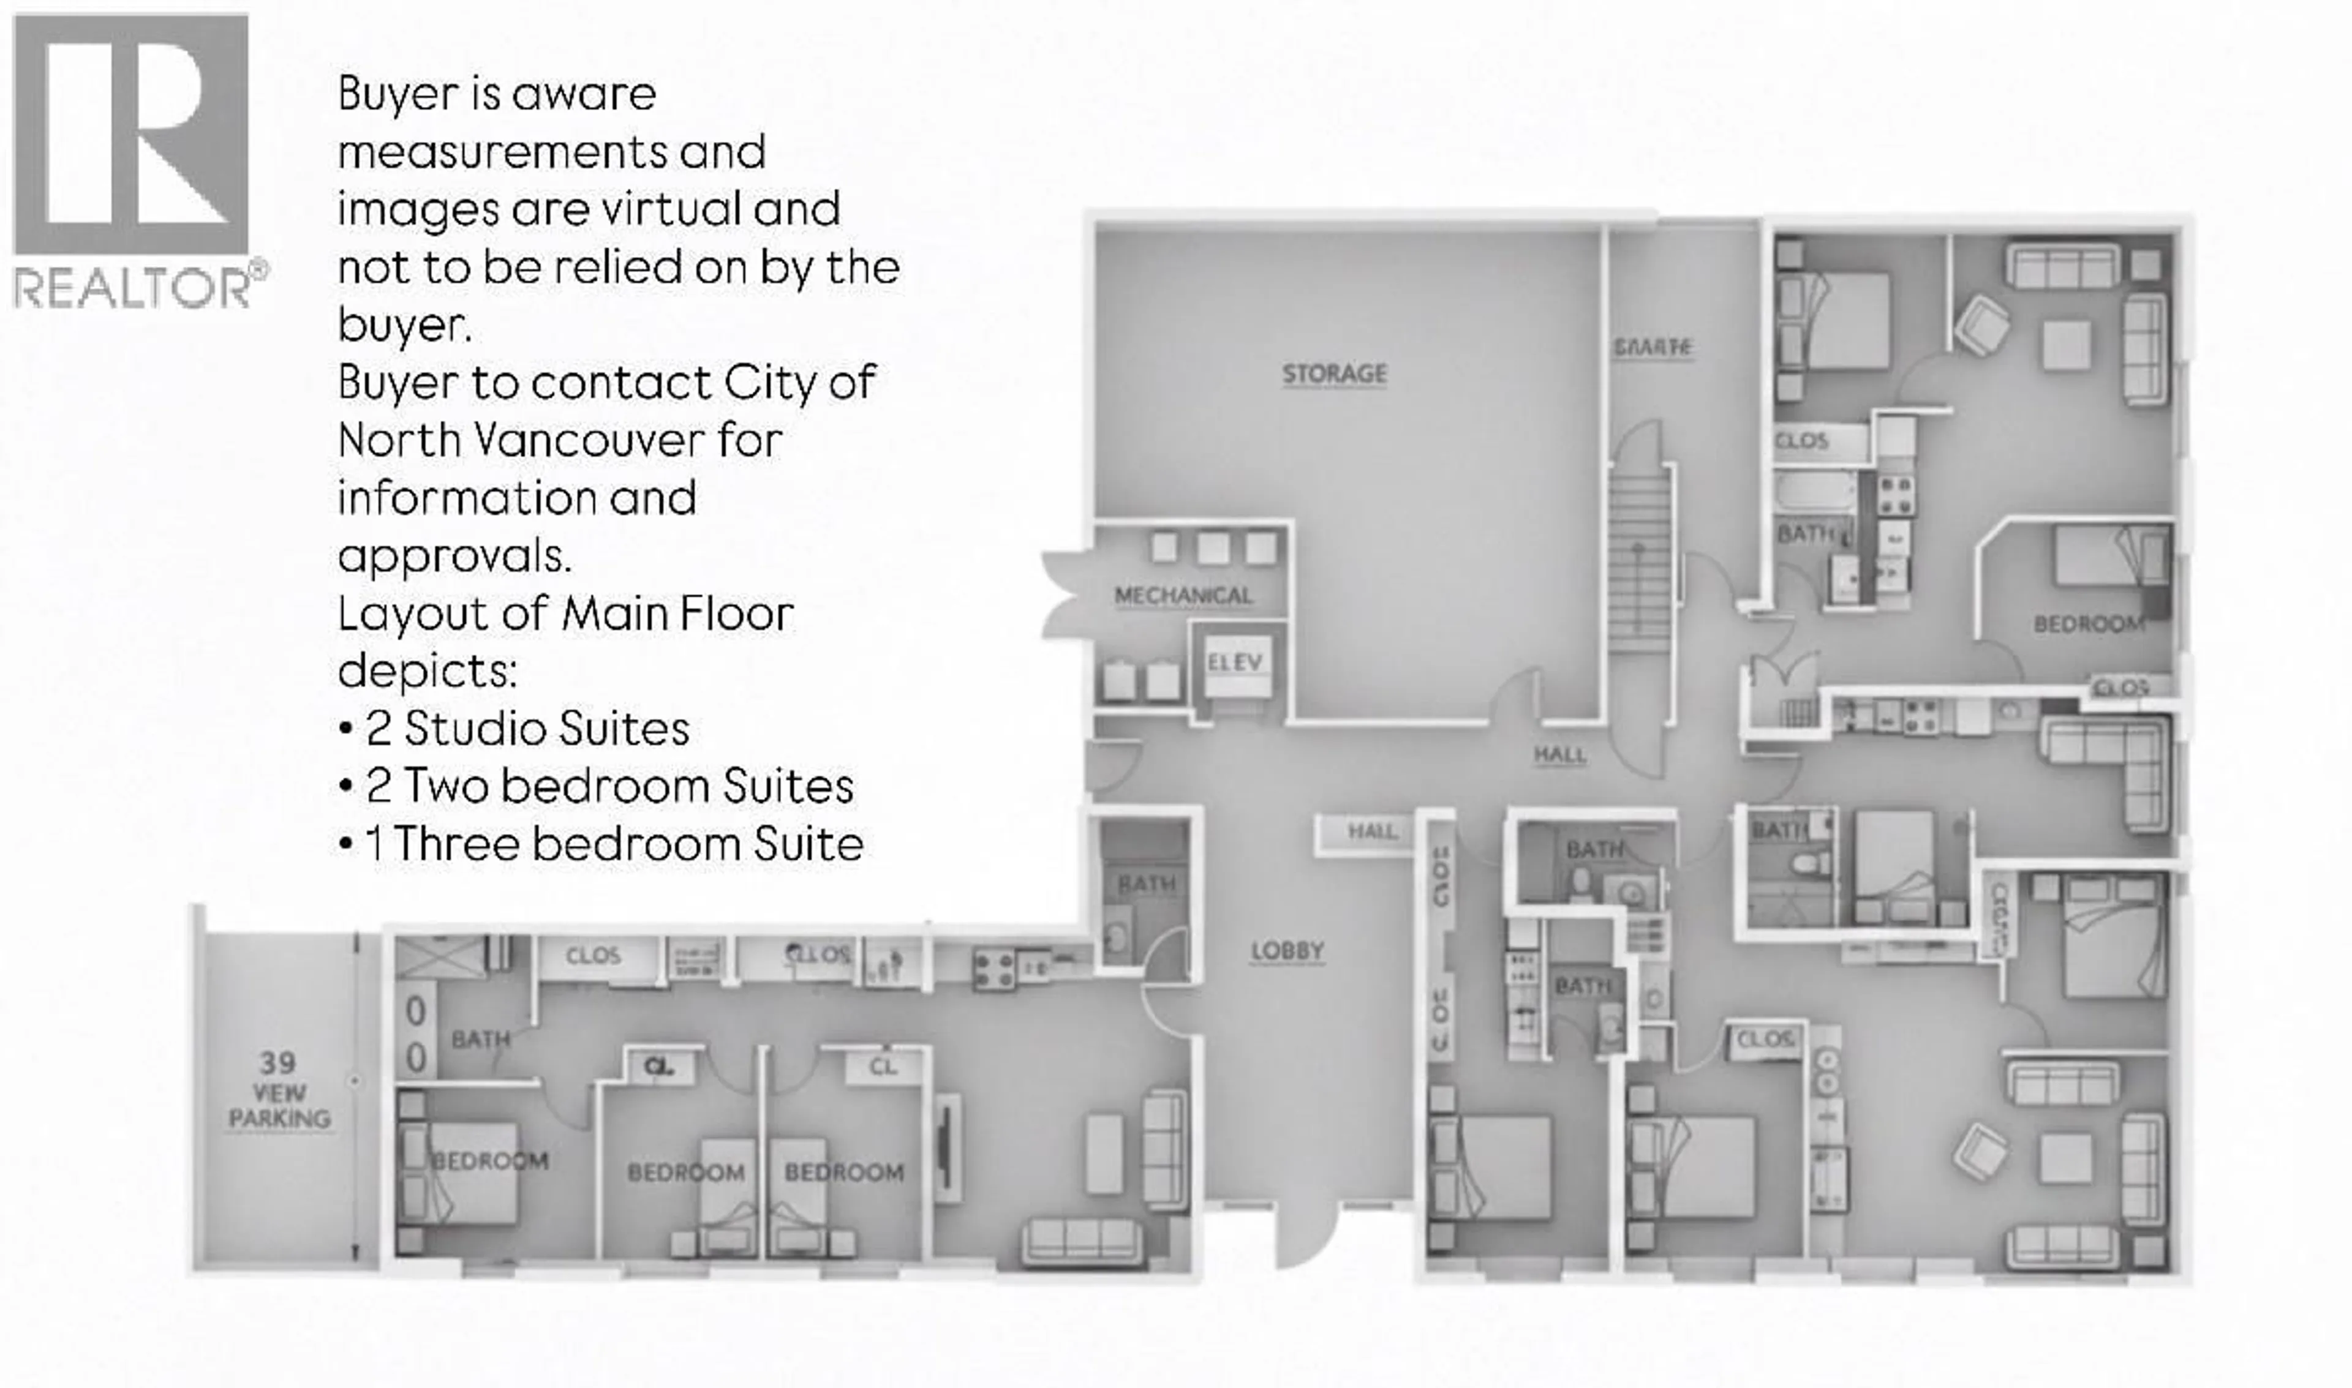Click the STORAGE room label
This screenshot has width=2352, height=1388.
(1334, 374)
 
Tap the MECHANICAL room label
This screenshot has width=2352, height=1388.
(1183, 596)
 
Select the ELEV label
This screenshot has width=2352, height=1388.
(1234, 662)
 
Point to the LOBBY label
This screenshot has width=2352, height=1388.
(1287, 951)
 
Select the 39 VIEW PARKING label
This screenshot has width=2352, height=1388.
(279, 1090)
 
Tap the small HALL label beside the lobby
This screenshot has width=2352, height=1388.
(1371, 831)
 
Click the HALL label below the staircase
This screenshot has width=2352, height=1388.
(1559, 755)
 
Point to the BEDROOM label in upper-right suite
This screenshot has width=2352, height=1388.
(2087, 624)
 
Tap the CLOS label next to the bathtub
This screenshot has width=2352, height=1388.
(1801, 441)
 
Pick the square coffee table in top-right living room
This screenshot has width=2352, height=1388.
(2066, 344)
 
